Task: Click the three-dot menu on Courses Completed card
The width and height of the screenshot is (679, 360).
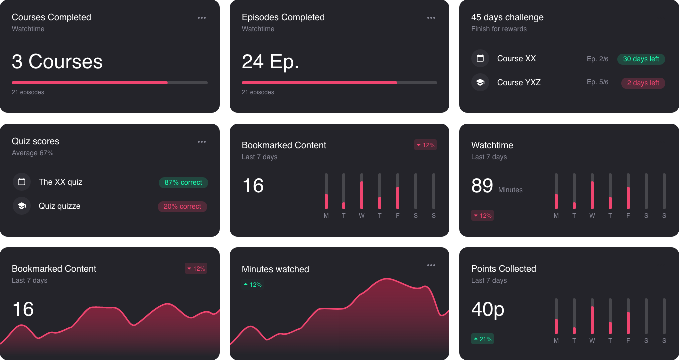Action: [x=202, y=18]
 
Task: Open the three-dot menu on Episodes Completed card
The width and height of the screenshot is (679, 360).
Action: [x=431, y=18]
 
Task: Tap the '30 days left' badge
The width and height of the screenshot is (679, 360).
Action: [x=641, y=59]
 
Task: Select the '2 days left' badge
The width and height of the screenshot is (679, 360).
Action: [x=643, y=83]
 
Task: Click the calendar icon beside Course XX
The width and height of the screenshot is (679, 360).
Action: [x=480, y=58]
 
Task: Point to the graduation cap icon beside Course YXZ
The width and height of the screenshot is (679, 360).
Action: [x=480, y=82]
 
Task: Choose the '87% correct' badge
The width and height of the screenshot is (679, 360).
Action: [x=183, y=183]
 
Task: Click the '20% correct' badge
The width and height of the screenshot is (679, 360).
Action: [x=182, y=206]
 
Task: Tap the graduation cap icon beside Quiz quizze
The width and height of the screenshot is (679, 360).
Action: [x=22, y=206]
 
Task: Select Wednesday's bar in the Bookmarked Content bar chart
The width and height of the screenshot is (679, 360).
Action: [x=362, y=192]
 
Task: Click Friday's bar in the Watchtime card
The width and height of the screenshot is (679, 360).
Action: [x=628, y=192]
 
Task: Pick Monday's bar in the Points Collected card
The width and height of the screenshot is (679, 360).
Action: [x=556, y=317]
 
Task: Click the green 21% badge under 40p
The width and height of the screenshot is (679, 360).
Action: [x=482, y=339]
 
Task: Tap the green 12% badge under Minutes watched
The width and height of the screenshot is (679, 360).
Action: [x=253, y=285]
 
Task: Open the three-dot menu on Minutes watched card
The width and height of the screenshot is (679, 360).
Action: [x=431, y=265]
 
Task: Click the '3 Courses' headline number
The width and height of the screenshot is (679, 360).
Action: [x=57, y=62]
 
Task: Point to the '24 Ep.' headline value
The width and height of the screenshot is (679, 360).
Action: [x=270, y=62]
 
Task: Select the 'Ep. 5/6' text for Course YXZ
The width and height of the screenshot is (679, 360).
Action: [x=597, y=82]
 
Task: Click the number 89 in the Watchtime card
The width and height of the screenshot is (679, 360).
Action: [x=482, y=186]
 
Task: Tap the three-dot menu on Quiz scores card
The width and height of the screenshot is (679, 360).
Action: [x=202, y=142]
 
